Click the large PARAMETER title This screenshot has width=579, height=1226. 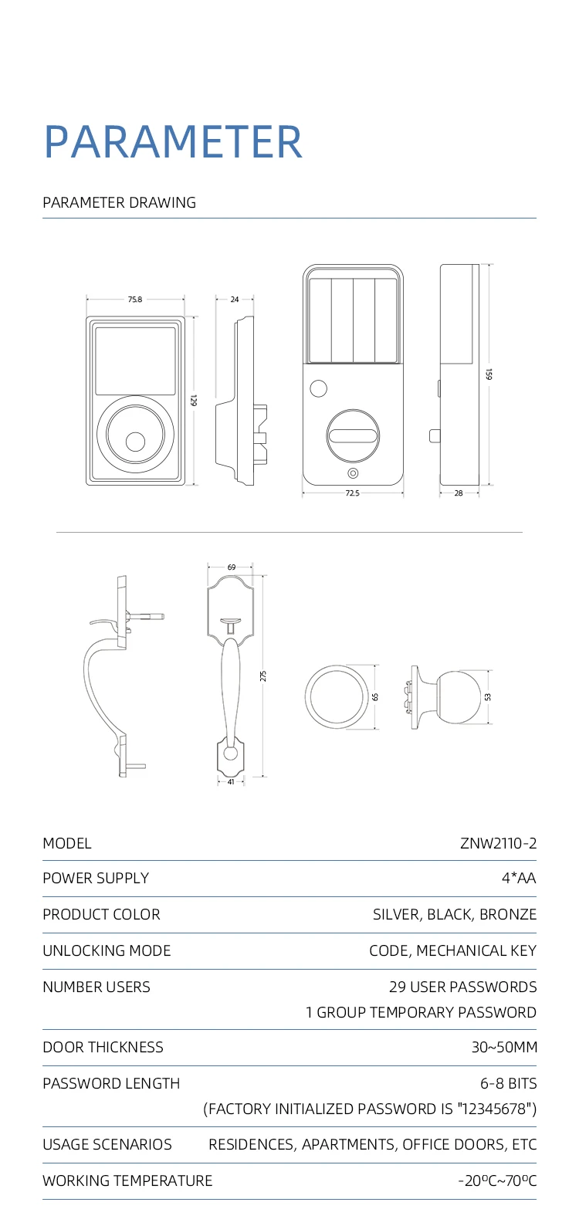tap(173, 142)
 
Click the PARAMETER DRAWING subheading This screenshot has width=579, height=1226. tap(119, 203)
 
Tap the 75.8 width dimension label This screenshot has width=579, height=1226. tap(135, 300)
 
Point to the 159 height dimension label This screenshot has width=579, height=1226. tap(489, 374)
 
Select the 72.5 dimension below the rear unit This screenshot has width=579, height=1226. tap(352, 493)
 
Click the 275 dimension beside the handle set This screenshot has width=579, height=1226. tap(263, 676)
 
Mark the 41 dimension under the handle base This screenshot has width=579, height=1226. tap(231, 782)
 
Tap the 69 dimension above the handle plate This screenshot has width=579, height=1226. tap(231, 567)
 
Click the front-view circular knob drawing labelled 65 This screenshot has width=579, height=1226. tap(337, 696)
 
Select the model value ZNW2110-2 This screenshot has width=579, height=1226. tap(498, 843)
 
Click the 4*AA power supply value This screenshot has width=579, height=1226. tap(518, 878)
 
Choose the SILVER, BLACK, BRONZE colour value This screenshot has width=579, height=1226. tap(454, 914)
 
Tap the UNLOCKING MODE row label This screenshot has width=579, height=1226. tap(107, 950)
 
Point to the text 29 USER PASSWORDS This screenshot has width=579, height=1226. tap(462, 987)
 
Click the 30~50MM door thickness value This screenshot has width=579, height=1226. tap(504, 1047)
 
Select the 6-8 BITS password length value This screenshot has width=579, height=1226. tap(508, 1083)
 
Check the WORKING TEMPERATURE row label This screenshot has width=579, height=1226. tap(127, 1180)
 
